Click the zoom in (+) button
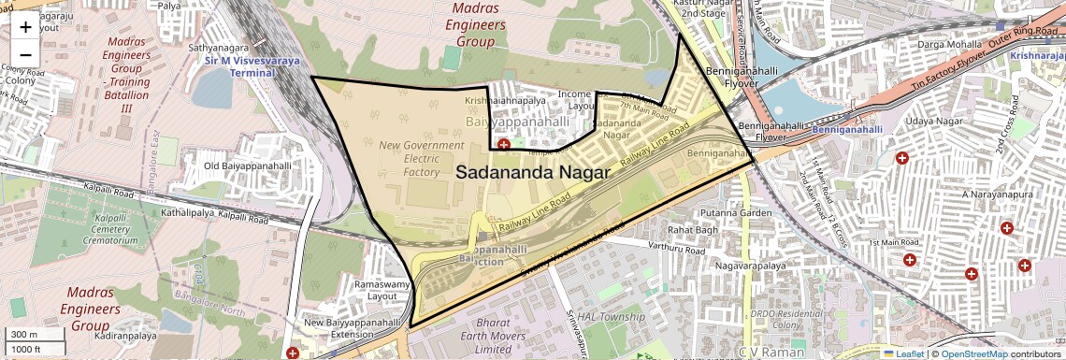pyautogui.click(x=25, y=26)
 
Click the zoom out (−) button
pyautogui.click(x=25, y=54)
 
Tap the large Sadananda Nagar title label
pyautogui.click(x=533, y=173)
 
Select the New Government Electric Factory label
pyautogui.click(x=421, y=159)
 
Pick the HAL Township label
pyautogui.click(x=612, y=317)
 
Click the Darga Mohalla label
pyautogui.click(x=949, y=44)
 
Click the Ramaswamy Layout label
pyautogui.click(x=382, y=289)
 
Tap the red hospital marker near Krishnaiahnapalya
pyautogui.click(x=504, y=145)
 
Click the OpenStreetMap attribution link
pyautogui.click(x=974, y=353)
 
